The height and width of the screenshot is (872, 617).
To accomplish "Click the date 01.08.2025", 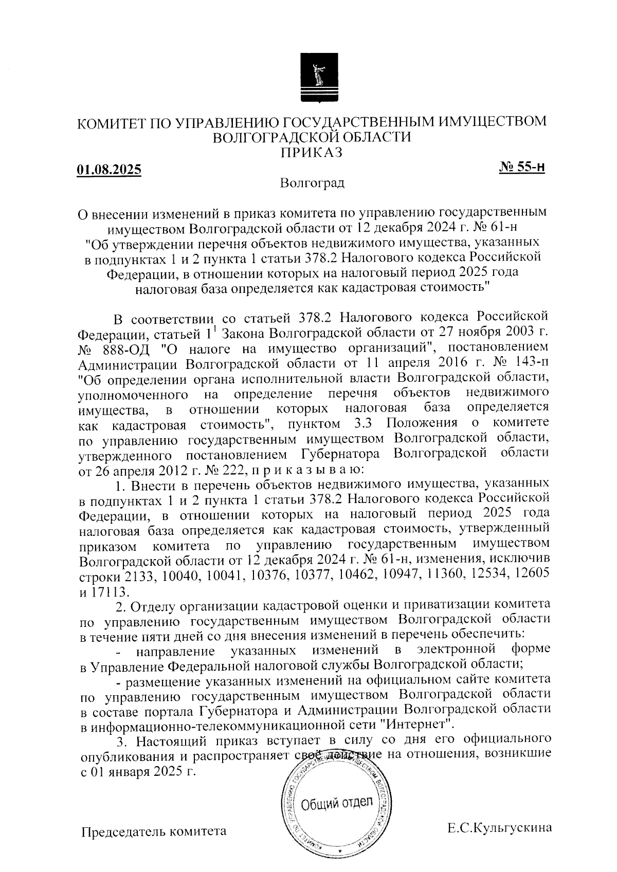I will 109,170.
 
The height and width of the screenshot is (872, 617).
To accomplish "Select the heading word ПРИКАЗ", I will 311,152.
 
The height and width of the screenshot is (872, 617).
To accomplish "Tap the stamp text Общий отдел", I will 337,803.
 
